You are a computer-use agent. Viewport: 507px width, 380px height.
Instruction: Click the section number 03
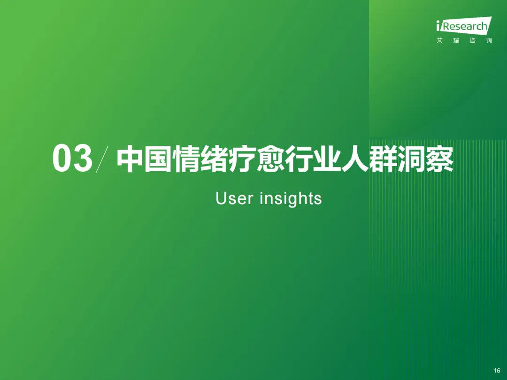(72, 159)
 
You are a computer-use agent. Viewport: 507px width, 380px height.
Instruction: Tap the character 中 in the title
(130, 159)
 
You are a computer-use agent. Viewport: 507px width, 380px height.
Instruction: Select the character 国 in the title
(158, 159)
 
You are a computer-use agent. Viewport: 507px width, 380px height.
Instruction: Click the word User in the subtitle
(234, 198)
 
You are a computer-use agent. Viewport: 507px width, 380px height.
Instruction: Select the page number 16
(497, 370)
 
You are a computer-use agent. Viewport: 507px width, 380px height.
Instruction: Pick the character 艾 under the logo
(439, 40)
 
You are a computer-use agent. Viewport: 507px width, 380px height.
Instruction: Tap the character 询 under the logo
(489, 40)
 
